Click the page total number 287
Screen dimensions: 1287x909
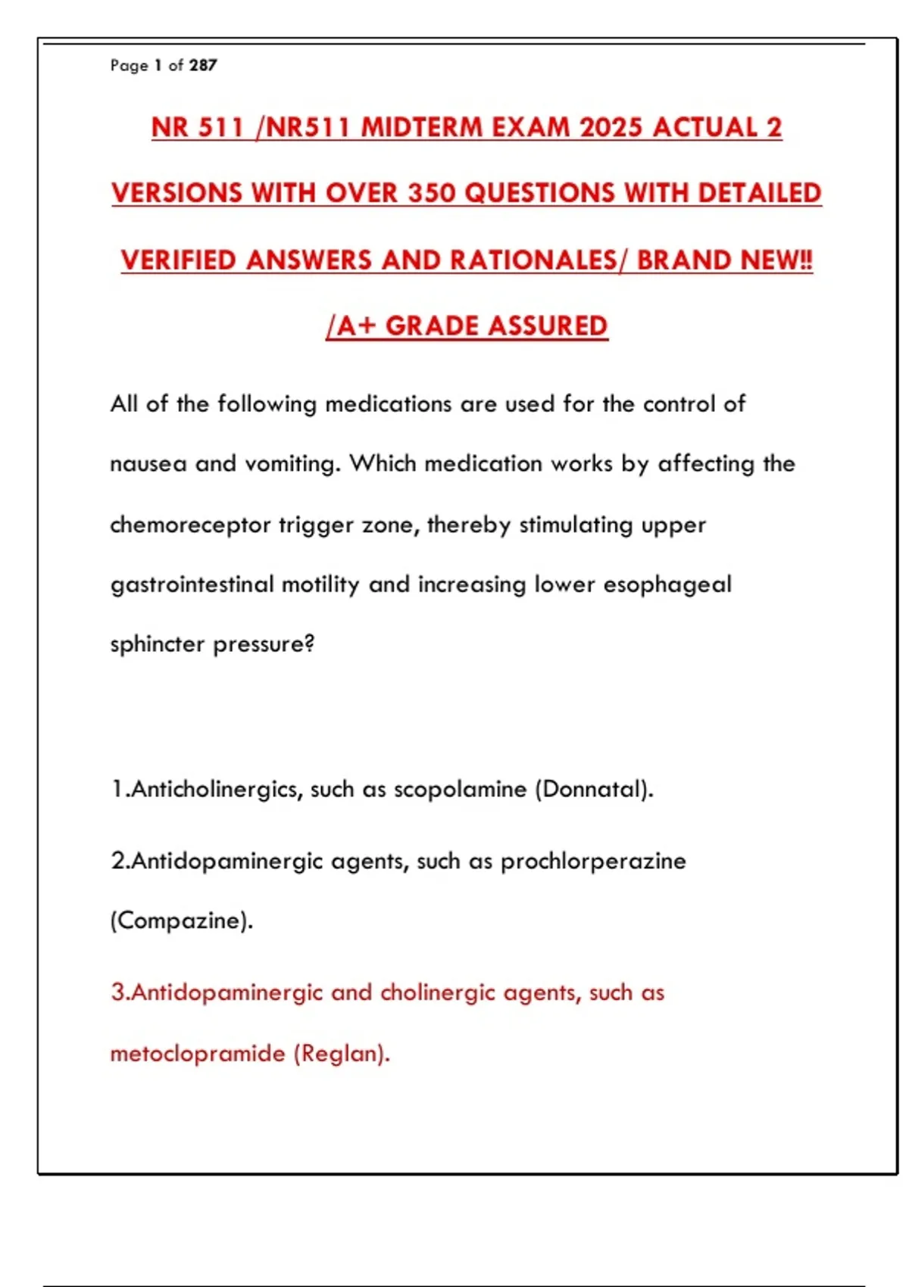click(x=203, y=66)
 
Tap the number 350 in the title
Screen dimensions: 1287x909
click(x=432, y=194)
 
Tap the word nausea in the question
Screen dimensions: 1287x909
click(x=148, y=463)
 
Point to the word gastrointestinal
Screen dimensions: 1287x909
click(x=192, y=584)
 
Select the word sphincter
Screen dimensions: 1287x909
click(x=158, y=644)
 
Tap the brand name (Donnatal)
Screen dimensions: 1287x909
click(x=594, y=790)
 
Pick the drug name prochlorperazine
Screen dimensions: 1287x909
click(x=593, y=862)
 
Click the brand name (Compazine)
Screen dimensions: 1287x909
click(x=182, y=921)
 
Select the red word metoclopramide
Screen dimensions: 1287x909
click(x=197, y=1054)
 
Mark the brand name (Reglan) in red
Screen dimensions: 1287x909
click(x=342, y=1054)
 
